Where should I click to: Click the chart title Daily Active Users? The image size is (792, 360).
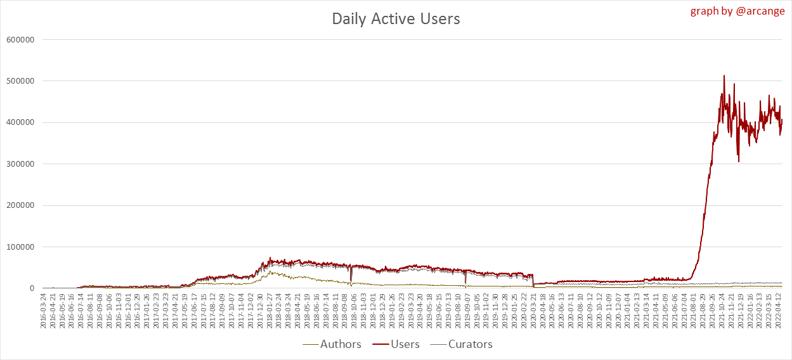tap(396, 19)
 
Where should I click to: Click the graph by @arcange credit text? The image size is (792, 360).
tap(737, 11)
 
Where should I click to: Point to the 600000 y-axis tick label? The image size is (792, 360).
tap(21, 39)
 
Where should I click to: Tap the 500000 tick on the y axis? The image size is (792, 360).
tap(21, 81)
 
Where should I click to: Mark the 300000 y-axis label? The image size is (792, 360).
tap(21, 164)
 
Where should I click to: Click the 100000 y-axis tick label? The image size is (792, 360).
tap(21, 247)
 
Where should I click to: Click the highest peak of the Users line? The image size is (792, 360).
tap(724, 76)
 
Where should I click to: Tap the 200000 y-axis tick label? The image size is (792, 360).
tap(21, 205)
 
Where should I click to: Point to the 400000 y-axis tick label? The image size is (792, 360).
tap(21, 122)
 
